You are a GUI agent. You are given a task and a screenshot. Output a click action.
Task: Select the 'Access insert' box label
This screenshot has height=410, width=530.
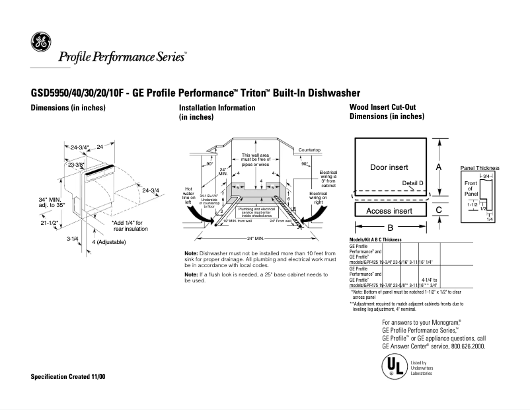tap(389, 211)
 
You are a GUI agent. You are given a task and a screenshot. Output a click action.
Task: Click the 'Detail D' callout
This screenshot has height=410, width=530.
tap(412, 182)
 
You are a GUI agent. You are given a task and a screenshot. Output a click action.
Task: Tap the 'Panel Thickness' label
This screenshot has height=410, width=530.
tap(479, 169)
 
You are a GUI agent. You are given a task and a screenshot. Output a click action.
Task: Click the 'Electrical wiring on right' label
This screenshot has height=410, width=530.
tap(319, 196)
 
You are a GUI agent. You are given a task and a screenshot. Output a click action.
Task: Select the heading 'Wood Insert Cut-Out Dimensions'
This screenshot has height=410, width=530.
tap(387, 112)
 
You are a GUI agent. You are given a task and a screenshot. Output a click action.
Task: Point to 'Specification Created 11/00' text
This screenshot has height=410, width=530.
tap(68, 376)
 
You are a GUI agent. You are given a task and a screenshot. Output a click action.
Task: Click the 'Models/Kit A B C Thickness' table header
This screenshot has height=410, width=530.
tap(375, 239)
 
